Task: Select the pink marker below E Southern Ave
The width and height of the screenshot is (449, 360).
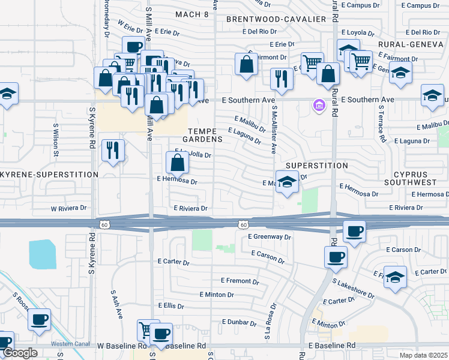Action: tap(319, 107)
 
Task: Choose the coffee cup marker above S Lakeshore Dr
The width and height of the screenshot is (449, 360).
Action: tap(336, 257)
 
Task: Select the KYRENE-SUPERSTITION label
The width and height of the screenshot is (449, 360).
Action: tap(50, 175)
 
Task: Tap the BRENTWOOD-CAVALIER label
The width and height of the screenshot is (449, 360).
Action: tap(276, 19)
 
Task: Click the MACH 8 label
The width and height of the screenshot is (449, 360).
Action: tap(192, 14)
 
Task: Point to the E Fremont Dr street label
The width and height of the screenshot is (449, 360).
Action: tap(240, 280)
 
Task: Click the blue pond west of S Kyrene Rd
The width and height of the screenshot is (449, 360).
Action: tap(42, 254)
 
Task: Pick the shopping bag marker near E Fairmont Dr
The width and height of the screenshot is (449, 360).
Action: tap(246, 64)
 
